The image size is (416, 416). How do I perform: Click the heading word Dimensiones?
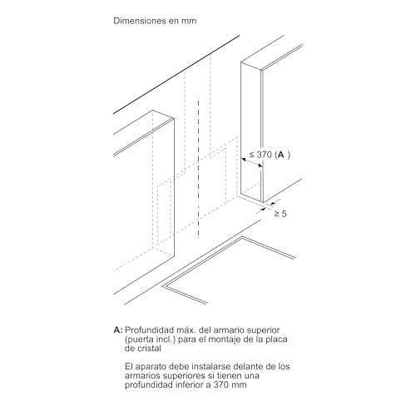[141, 19]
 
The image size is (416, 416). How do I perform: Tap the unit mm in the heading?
[194, 19]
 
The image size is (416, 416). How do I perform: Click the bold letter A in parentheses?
[281, 156]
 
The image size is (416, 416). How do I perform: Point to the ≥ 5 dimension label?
[282, 215]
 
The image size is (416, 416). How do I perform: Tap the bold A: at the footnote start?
[118, 331]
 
